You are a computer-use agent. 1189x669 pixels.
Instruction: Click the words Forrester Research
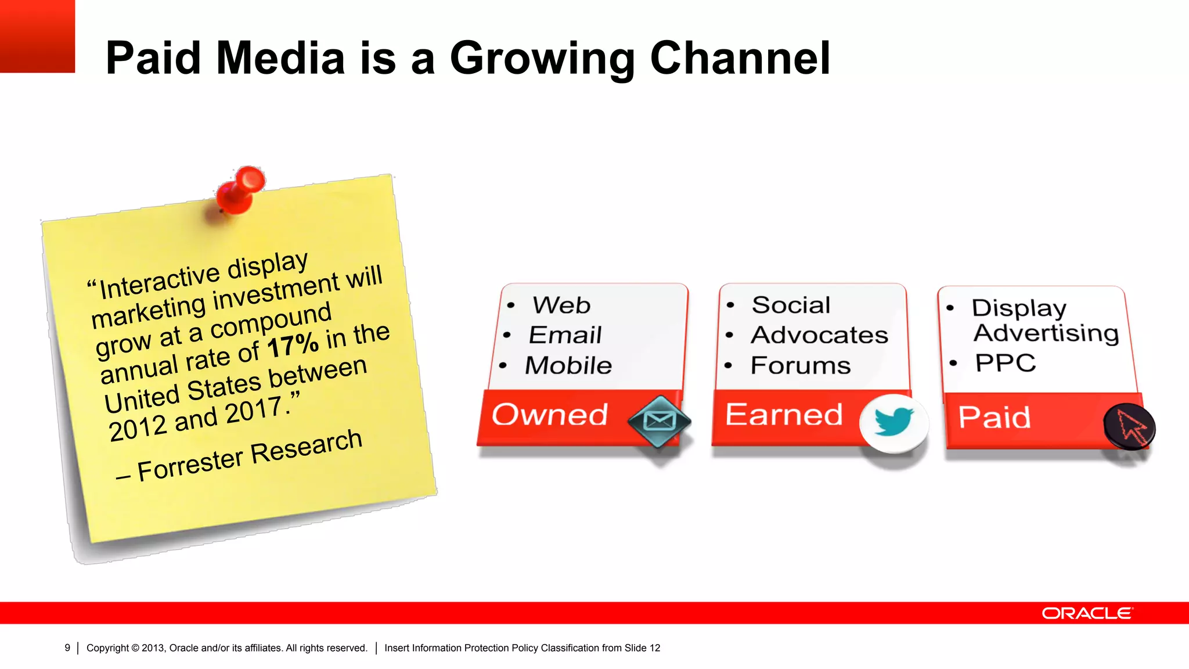(250, 455)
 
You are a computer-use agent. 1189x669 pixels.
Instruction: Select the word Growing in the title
(542, 59)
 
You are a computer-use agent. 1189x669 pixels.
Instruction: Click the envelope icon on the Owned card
(660, 421)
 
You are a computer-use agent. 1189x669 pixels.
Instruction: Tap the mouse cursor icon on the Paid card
(1129, 427)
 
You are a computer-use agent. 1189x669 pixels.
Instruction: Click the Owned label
(549, 415)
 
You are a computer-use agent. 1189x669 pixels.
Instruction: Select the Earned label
(784, 415)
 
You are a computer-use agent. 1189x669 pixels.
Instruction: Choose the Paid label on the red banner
(994, 418)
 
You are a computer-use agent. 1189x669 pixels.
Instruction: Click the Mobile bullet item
(568, 366)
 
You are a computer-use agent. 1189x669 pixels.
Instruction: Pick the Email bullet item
(565, 335)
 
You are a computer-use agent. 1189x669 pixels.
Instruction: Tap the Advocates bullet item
(819, 335)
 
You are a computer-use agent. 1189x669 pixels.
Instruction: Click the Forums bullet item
(800, 366)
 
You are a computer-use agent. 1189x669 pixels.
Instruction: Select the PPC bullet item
(1005, 363)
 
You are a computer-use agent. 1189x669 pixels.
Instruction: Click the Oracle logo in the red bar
(1087, 613)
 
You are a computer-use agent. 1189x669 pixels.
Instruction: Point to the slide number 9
(67, 648)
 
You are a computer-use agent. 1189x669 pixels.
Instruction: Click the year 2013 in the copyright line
(153, 648)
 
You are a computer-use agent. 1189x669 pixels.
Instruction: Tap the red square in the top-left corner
(37, 36)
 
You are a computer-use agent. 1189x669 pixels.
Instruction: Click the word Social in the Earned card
(791, 305)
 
